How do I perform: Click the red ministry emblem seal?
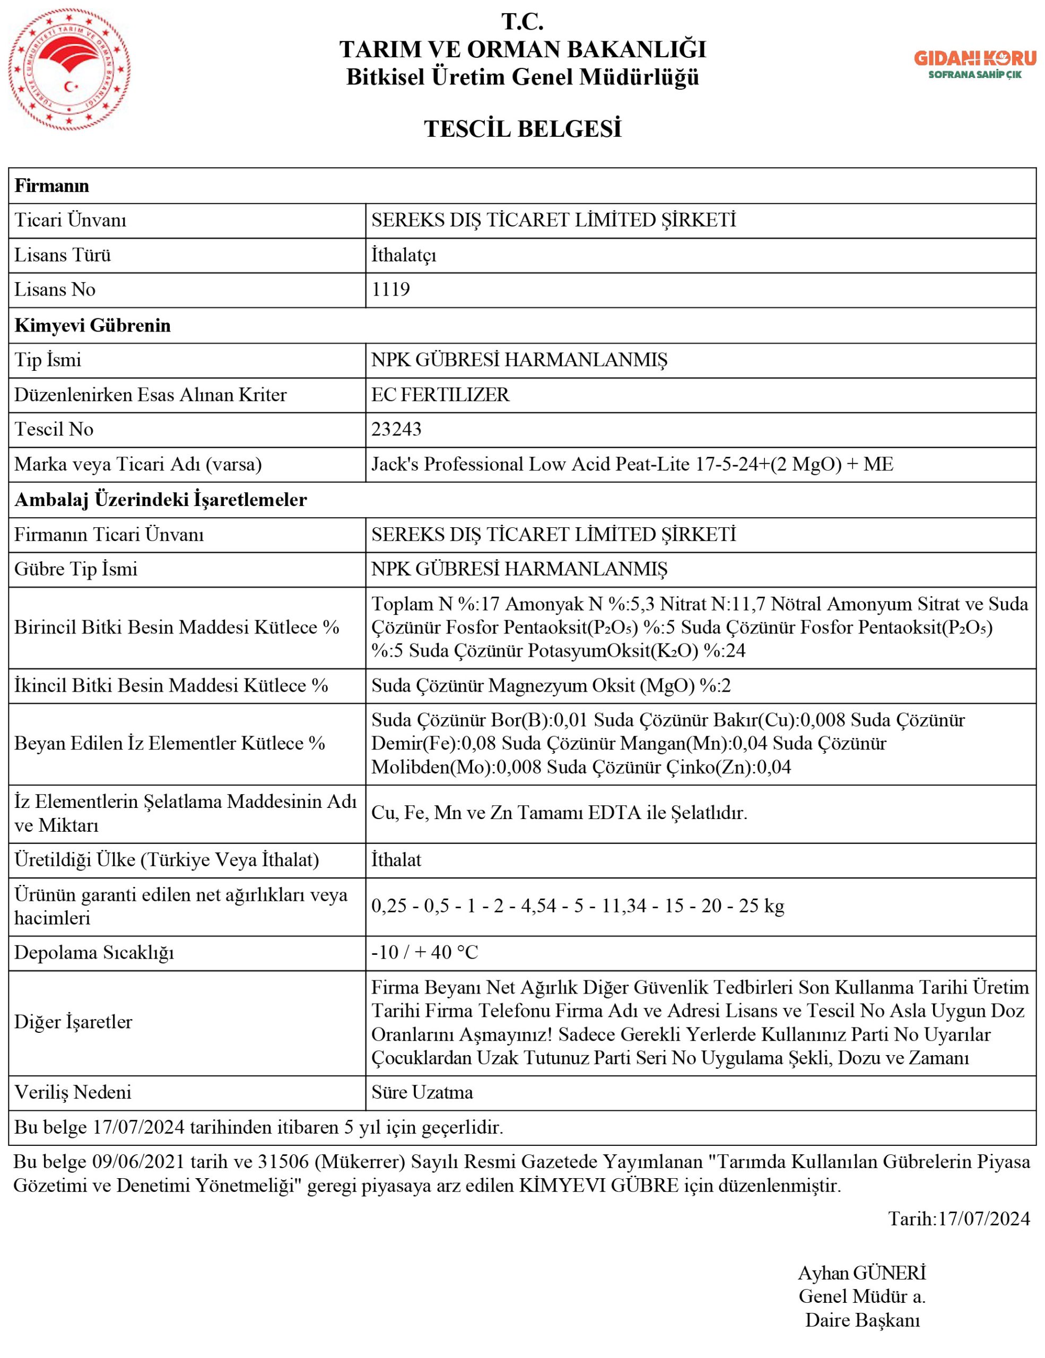click(x=69, y=69)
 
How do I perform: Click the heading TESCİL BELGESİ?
click(x=522, y=129)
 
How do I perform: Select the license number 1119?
click(x=390, y=290)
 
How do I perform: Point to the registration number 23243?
click(x=396, y=429)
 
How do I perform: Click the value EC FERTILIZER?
click(x=440, y=394)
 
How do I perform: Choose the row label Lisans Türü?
click(x=62, y=255)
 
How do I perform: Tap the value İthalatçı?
click(x=404, y=255)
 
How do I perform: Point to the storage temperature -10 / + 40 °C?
click(x=424, y=952)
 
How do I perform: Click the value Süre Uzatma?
click(x=422, y=1092)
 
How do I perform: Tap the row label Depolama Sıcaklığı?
click(x=94, y=952)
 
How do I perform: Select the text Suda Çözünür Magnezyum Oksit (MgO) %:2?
click(x=551, y=685)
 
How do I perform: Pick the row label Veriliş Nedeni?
click(x=73, y=1092)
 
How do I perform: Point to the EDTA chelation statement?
click(x=559, y=813)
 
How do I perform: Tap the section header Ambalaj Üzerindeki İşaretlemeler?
click(x=160, y=499)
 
